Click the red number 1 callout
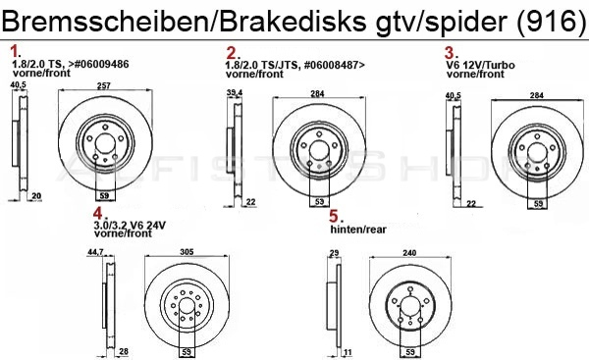[x=15, y=49]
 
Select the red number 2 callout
[x=232, y=51]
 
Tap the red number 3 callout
[x=451, y=51]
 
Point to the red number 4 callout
[x=98, y=213]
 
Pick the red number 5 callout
[x=335, y=215]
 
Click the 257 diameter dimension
[x=102, y=86]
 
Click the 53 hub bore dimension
[x=319, y=202]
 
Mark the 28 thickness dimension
[x=124, y=351]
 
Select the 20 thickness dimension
[x=35, y=196]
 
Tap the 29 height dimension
[x=333, y=252]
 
